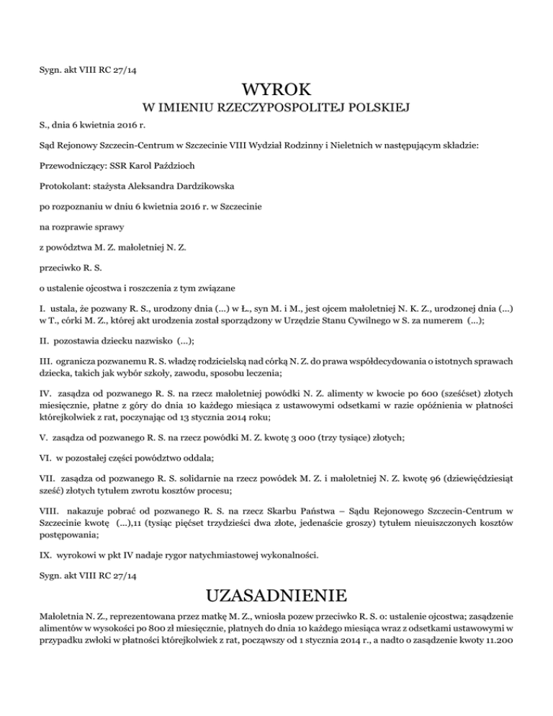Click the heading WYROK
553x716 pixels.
(276, 91)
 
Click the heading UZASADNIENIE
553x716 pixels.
(276, 596)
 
